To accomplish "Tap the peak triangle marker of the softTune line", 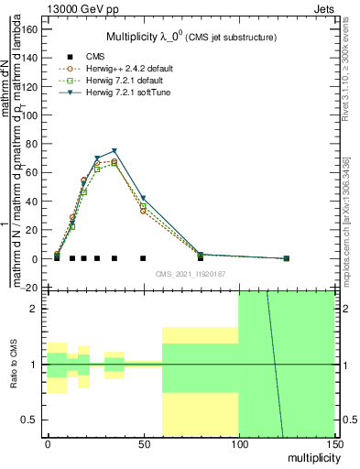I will point(115,151).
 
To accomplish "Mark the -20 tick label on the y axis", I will point(28,288).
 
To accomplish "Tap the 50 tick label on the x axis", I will point(143,444).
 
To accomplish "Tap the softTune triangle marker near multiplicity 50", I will point(143,198).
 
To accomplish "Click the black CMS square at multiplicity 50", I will point(143,258).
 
